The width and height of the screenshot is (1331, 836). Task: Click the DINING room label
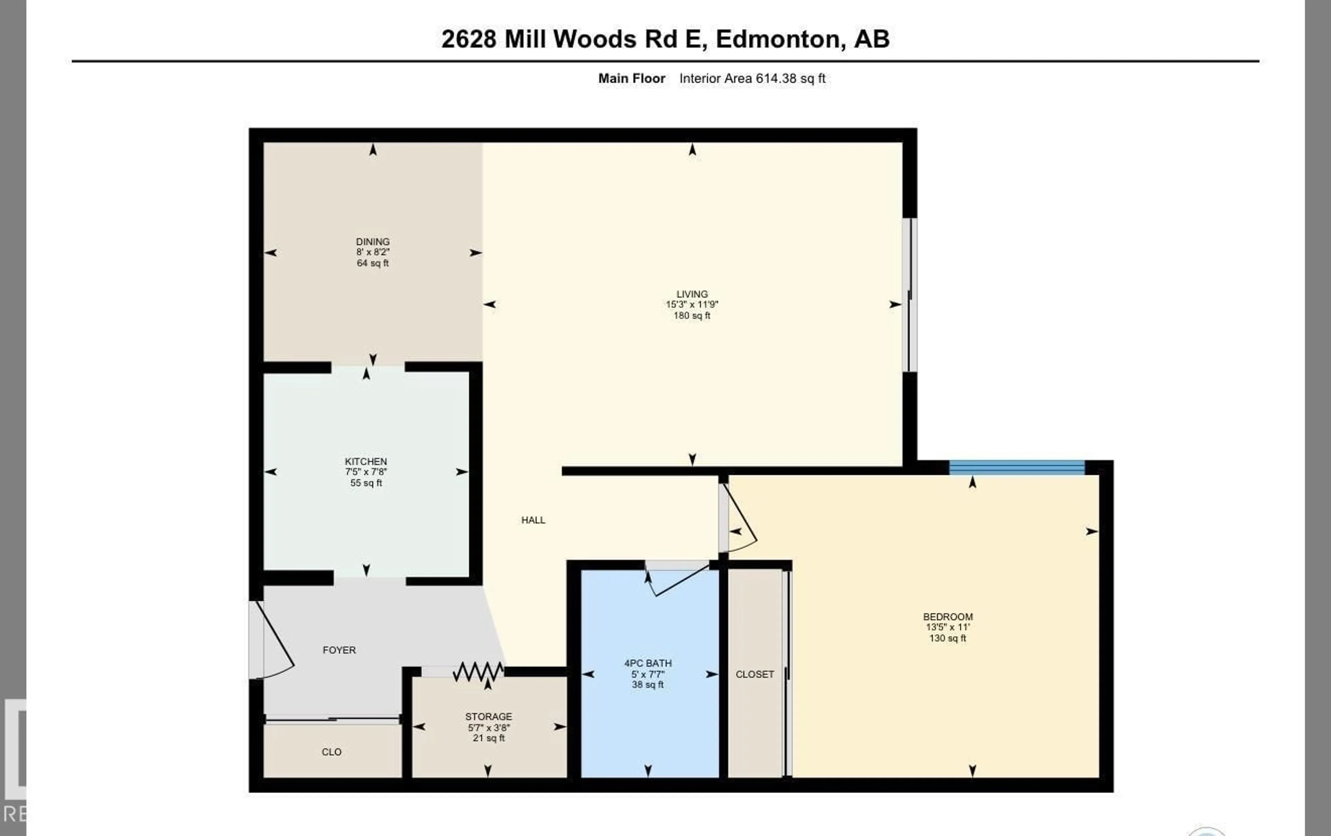[x=373, y=242]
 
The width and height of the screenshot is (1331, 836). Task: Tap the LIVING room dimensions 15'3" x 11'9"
[x=691, y=304]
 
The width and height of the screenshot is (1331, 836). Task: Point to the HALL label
[x=533, y=520]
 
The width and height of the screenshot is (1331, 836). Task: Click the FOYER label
[x=339, y=650]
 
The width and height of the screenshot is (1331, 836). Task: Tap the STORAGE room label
[x=488, y=717]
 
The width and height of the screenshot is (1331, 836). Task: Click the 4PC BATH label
[x=648, y=663]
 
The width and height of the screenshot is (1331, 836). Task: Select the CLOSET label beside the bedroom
[x=755, y=674]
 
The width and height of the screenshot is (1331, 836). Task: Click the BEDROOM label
[x=947, y=617]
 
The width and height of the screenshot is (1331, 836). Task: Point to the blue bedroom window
[x=1017, y=468]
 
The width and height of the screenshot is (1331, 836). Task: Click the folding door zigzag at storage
[x=478, y=672]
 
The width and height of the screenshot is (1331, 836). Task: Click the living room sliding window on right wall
[x=909, y=295]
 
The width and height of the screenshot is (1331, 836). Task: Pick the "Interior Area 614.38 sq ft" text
[x=752, y=78]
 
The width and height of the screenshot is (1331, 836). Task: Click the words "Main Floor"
[x=631, y=78]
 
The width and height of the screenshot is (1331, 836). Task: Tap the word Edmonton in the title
[x=780, y=39]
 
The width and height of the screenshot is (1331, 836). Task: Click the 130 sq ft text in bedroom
[x=947, y=638]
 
